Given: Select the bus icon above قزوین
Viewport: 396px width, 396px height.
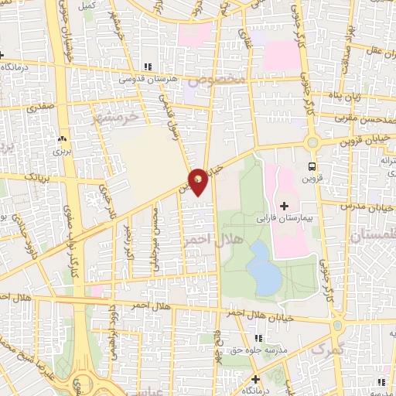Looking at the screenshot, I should [312, 166].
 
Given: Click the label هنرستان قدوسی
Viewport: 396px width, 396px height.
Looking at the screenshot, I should [148, 80].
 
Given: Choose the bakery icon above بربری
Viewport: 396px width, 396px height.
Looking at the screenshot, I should [61, 139].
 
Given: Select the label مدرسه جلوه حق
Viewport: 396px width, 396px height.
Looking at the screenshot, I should [258, 350].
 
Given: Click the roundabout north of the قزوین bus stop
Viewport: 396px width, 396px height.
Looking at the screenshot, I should [312, 142].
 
